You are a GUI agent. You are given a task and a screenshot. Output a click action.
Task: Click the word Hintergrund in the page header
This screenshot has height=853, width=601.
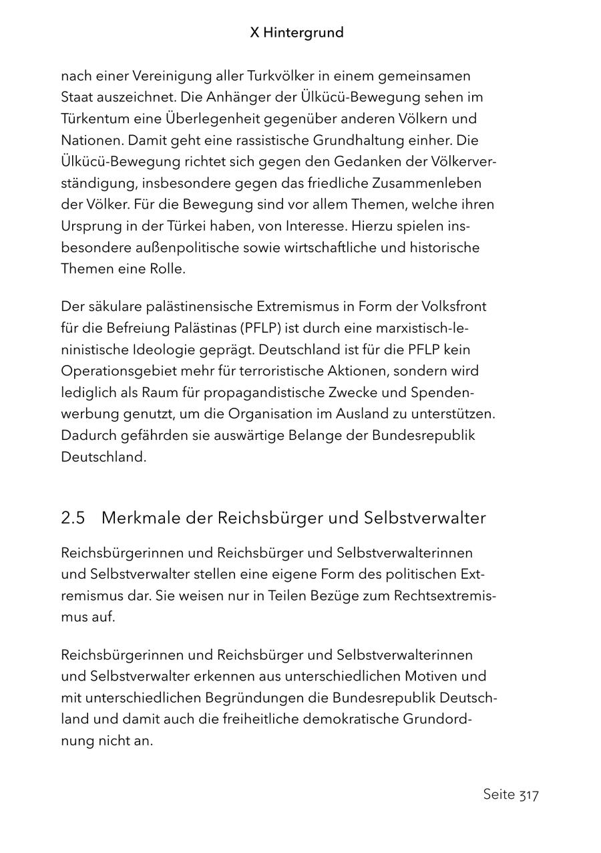[x=304, y=33]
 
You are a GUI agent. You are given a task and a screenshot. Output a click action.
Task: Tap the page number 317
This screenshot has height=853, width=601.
[x=528, y=795]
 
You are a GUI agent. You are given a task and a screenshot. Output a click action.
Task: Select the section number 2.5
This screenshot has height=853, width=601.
[x=73, y=518]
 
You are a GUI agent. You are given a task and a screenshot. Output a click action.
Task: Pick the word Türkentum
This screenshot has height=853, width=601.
[x=91, y=119]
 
